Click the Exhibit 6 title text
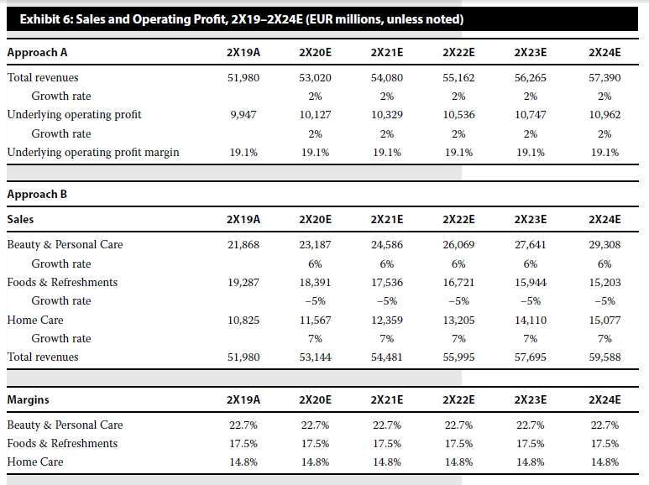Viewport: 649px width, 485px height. click(242, 19)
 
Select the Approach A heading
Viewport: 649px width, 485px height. click(37, 53)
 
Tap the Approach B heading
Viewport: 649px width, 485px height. click(37, 194)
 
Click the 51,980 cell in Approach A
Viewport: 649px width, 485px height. click(243, 78)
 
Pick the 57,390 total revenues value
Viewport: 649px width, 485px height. click(605, 78)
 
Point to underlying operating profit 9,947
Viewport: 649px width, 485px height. click(243, 115)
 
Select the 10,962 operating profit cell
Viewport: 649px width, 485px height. click(605, 115)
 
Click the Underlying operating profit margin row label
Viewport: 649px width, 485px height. click(93, 152)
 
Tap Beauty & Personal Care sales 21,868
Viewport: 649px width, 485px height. click(243, 244)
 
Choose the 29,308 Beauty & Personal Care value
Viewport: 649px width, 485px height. click(605, 244)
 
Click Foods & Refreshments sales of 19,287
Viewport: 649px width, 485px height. click(243, 283)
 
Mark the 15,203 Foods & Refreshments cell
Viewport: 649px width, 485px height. click(605, 283)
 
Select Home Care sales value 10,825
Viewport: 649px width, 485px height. click(243, 321)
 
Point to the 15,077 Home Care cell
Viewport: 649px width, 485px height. click(605, 321)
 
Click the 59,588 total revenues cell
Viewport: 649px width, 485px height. click(605, 357)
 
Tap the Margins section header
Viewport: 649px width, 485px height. click(29, 399)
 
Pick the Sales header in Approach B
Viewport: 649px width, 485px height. click(20, 219)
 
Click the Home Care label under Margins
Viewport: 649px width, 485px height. click(35, 462)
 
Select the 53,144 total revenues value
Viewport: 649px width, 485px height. click(315, 357)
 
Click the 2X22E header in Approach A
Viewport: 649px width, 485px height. click(458, 53)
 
